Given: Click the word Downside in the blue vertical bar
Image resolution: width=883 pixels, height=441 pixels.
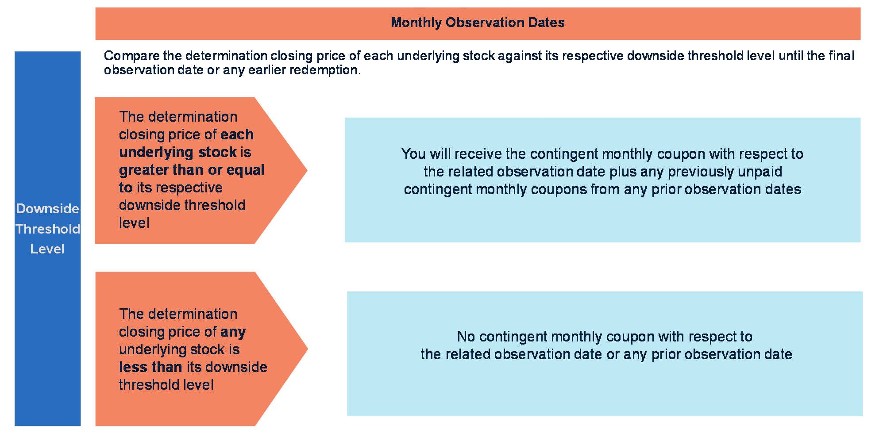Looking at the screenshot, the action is click(x=47, y=209).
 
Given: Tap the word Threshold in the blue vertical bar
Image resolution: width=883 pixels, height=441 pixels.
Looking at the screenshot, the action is click(x=48, y=229).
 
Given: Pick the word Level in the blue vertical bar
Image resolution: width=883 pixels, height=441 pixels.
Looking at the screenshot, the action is click(x=47, y=249).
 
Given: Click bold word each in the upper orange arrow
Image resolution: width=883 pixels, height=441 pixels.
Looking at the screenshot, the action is click(x=237, y=134).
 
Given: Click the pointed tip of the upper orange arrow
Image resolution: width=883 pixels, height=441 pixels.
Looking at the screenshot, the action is click(x=307, y=170).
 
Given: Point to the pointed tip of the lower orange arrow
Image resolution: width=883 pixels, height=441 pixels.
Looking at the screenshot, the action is click(x=308, y=349).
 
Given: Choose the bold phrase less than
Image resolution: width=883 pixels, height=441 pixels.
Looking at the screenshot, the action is click(x=150, y=367).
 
